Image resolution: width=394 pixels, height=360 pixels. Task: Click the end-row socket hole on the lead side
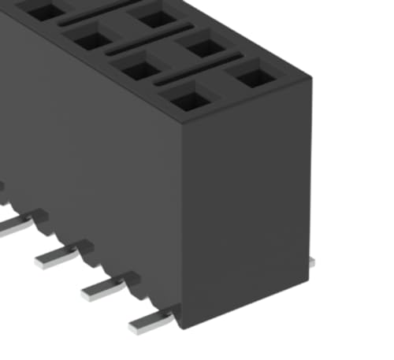click(x=188, y=100)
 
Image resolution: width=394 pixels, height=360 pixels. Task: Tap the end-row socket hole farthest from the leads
click(x=252, y=78)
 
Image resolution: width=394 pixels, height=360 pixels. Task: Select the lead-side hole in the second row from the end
click(x=140, y=70)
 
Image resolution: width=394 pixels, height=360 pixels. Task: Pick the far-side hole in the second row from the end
click(x=204, y=48)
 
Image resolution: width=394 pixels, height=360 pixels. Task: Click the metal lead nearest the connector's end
click(x=150, y=320)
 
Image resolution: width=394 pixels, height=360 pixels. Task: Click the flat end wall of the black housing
click(x=248, y=205)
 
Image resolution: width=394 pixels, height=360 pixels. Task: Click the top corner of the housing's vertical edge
click(x=181, y=126)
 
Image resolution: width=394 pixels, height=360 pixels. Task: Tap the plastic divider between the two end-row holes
click(x=221, y=89)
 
